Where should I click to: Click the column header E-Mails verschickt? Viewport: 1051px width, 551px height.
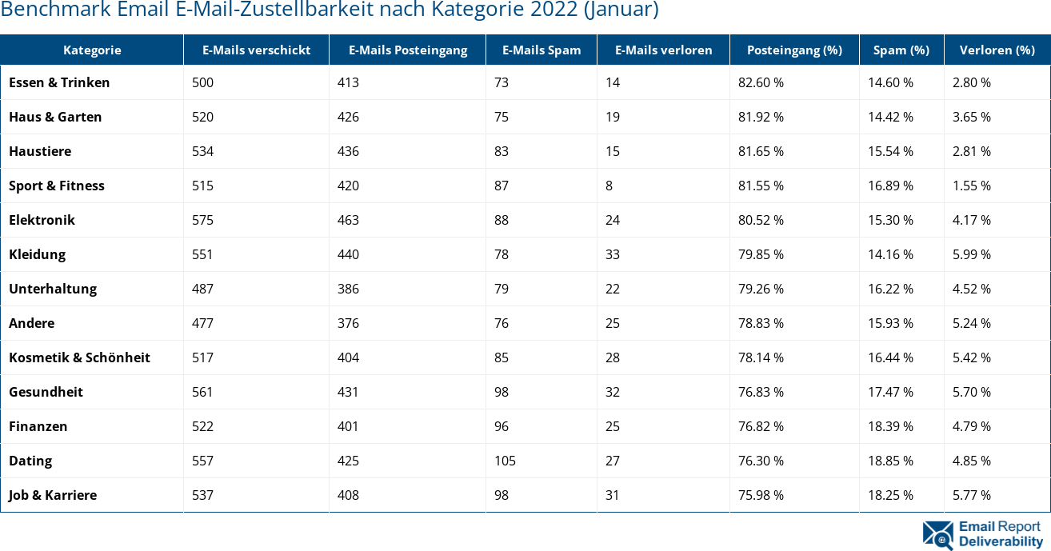click(x=256, y=50)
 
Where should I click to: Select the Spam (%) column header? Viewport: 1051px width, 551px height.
click(x=901, y=50)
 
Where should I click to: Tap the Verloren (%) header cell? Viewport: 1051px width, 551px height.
click(x=997, y=50)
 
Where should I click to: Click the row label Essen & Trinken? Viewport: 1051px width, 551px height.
click(x=59, y=82)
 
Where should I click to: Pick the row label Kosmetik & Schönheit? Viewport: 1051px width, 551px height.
click(x=79, y=357)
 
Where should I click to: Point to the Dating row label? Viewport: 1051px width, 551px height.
click(x=30, y=461)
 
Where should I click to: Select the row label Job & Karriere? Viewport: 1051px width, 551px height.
click(x=53, y=495)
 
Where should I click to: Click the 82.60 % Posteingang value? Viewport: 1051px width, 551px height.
click(x=761, y=82)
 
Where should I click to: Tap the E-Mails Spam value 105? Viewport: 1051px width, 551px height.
click(x=505, y=461)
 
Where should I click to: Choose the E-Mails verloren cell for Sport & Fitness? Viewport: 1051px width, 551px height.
click(x=609, y=186)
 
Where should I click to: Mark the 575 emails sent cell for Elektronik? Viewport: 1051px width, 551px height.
click(x=202, y=220)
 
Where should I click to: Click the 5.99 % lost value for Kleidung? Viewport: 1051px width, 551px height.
click(x=971, y=254)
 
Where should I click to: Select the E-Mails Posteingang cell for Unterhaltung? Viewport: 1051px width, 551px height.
click(x=348, y=289)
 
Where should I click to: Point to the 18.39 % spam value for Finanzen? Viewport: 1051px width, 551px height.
click(x=890, y=426)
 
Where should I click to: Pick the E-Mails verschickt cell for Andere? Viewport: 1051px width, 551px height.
click(x=202, y=323)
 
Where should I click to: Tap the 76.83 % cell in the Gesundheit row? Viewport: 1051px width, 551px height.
click(x=761, y=392)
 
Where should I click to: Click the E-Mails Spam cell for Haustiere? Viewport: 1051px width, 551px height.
click(x=502, y=151)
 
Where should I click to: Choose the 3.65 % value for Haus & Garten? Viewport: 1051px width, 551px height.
click(x=971, y=117)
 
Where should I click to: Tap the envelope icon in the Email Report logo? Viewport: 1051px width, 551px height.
click(x=937, y=535)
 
